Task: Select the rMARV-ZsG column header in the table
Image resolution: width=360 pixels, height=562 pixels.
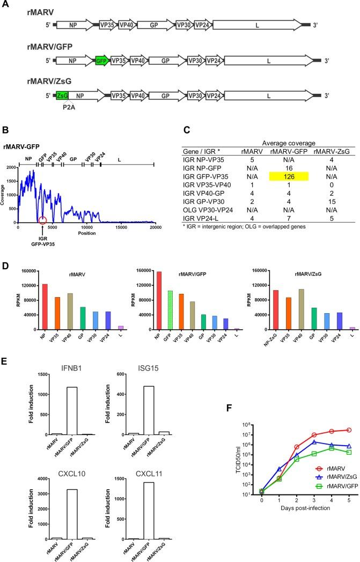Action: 325,150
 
